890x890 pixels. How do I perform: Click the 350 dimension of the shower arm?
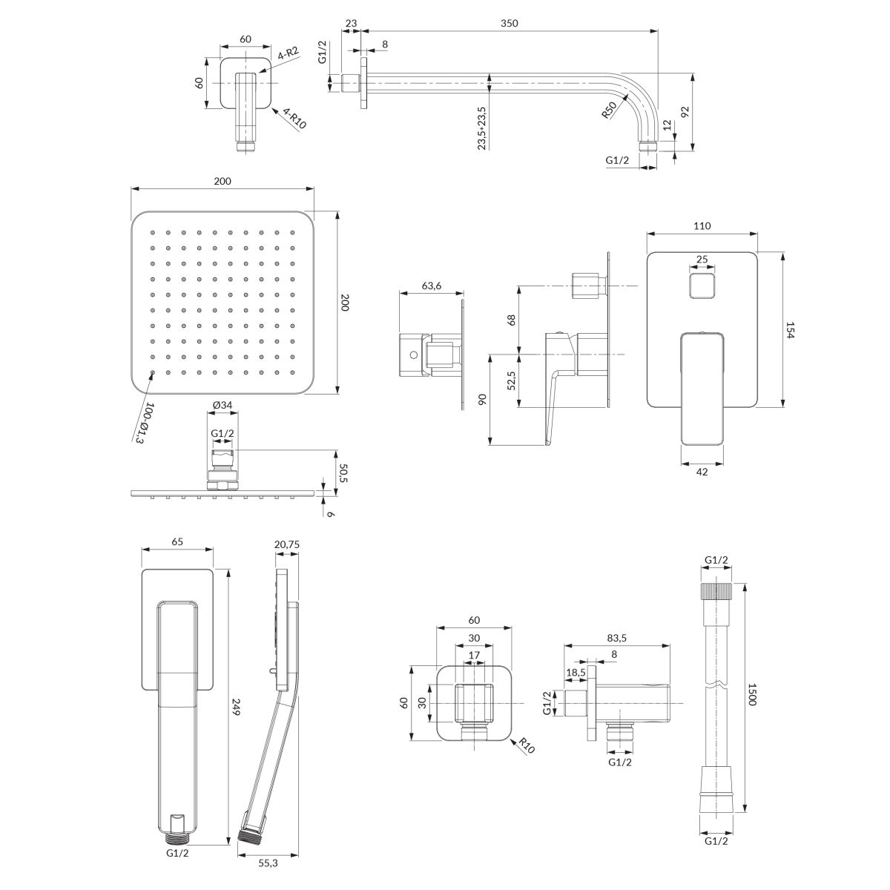point(509,23)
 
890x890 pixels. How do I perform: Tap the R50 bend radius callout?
point(609,111)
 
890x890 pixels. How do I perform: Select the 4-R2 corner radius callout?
point(288,54)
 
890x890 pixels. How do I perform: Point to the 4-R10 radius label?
point(294,119)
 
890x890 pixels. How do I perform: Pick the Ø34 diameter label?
point(222,405)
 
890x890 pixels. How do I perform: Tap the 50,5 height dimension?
point(343,473)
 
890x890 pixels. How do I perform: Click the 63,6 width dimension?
point(432,286)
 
